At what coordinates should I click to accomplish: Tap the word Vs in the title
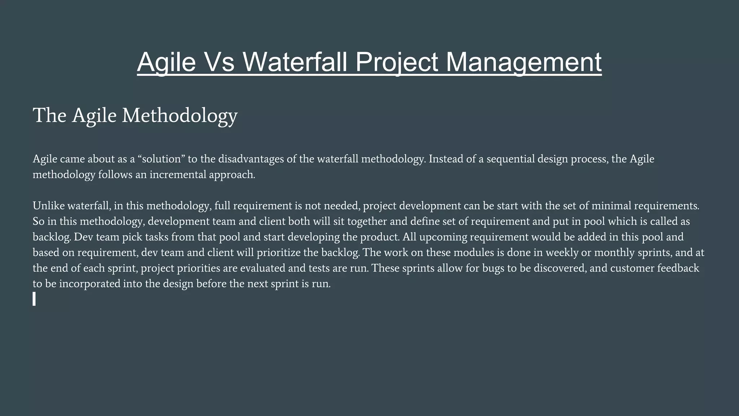(219, 62)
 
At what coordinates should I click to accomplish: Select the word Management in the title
(524, 62)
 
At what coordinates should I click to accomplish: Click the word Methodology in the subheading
(180, 116)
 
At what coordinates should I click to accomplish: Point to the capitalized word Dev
(81, 237)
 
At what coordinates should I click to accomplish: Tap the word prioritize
(278, 252)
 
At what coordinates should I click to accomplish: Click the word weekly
(562, 252)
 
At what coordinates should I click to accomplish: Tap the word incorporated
(89, 284)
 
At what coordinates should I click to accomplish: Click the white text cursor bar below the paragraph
(34, 299)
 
